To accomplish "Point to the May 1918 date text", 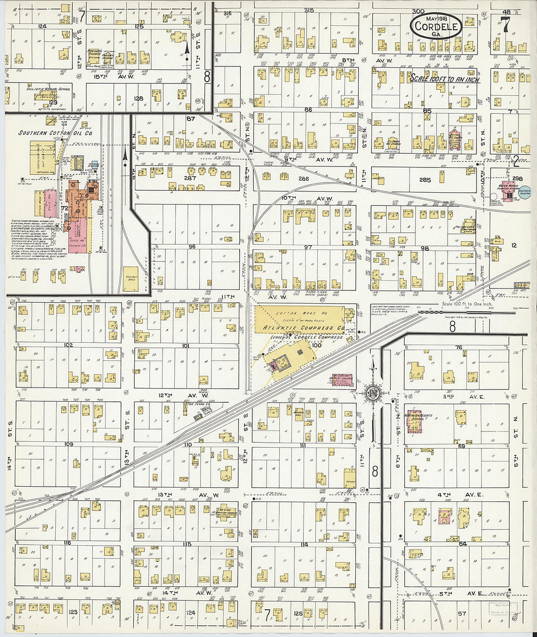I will pyautogui.click(x=436, y=18).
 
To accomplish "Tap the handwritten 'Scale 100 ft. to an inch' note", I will pyautogui.click(x=444, y=79).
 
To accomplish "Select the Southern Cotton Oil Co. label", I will pyautogui.click(x=56, y=133).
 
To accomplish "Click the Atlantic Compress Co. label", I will pyautogui.click(x=303, y=328).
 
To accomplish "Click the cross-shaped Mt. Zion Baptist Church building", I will pyautogui.click(x=226, y=512).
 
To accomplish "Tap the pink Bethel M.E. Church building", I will pyautogui.click(x=454, y=139).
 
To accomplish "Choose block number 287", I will pyautogui.click(x=190, y=178).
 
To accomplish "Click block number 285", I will pyautogui.click(x=425, y=180).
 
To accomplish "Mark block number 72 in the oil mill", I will pyautogui.click(x=63, y=208).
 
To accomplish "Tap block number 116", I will pyautogui.click(x=67, y=543).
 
